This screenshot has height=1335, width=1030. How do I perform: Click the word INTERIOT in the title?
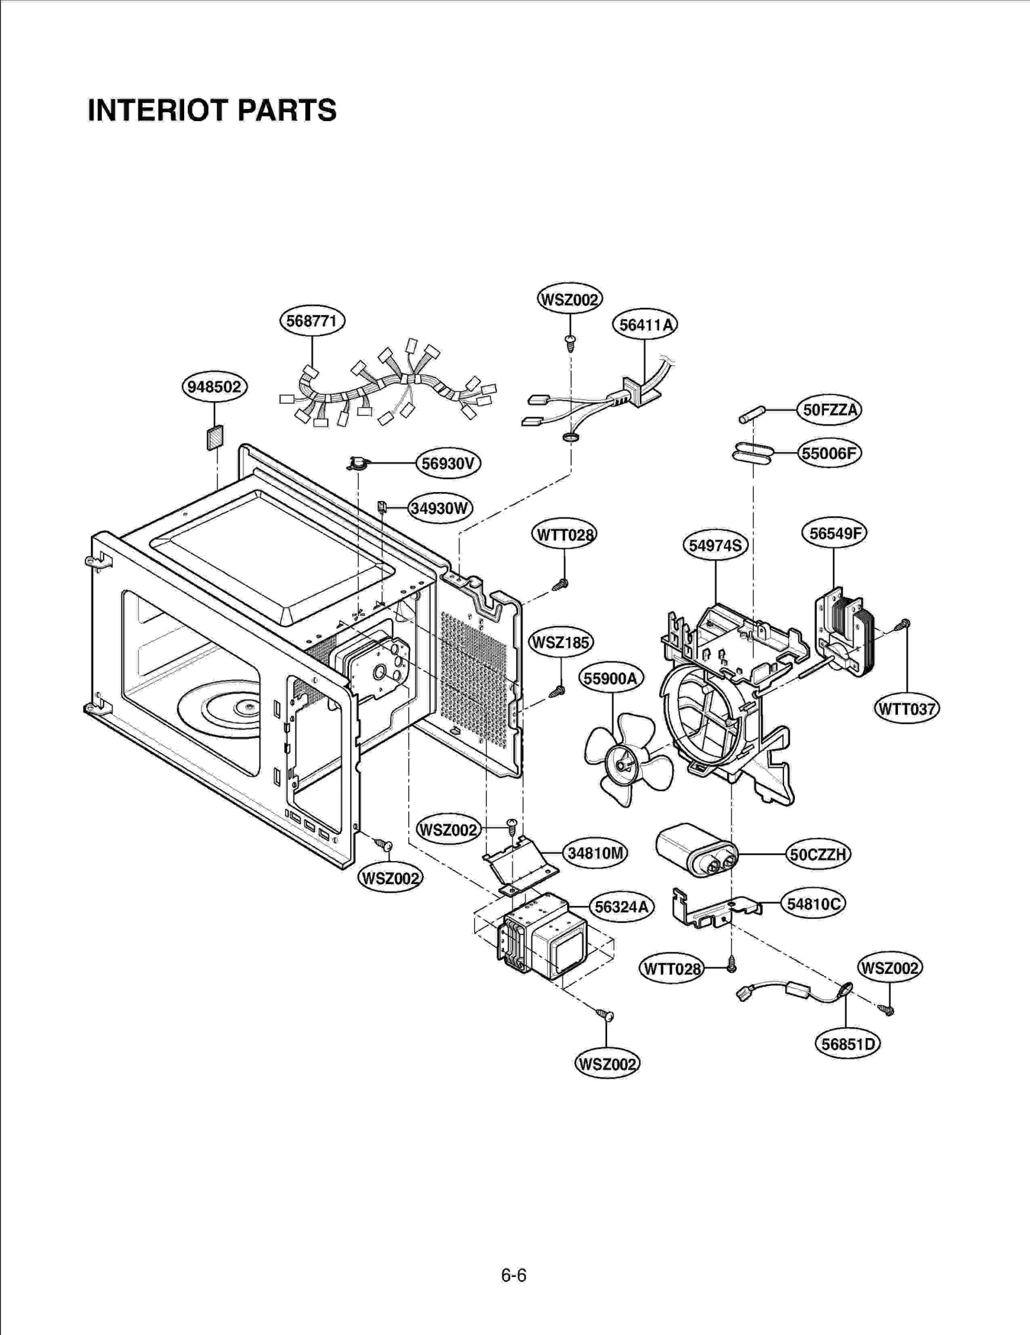158,110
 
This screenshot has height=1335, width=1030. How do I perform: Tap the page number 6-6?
514,1275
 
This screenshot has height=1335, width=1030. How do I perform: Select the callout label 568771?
312,321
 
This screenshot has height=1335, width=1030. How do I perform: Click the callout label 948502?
214,387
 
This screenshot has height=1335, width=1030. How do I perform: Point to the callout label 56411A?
644,325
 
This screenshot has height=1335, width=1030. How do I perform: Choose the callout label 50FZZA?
829,410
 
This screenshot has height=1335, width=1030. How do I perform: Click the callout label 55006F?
829,453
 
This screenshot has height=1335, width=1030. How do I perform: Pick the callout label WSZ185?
560,643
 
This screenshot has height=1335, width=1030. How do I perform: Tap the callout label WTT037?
906,709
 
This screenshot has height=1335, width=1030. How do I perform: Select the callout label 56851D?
847,1044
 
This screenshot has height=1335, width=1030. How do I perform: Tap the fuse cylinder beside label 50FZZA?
751,415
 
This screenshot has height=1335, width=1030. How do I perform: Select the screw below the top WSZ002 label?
570,343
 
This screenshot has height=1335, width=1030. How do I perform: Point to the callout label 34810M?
595,853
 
